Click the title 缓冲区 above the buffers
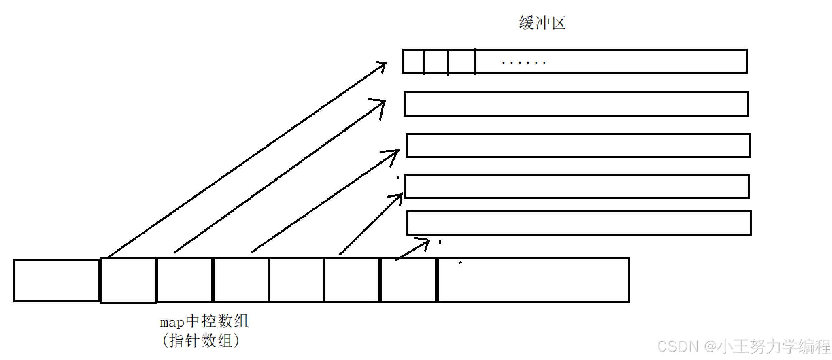tap(542, 23)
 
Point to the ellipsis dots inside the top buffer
tap(523, 63)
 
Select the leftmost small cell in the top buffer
tap(413, 61)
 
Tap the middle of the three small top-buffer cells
tap(436, 61)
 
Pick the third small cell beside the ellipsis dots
tap(462, 61)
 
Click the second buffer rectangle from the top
tap(576, 104)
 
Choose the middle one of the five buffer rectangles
tap(578, 145)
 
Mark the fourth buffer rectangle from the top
tap(577, 186)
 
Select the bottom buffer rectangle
tap(579, 223)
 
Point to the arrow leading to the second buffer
tap(279, 177)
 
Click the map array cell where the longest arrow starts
tap(128, 280)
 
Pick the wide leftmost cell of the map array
tap(56, 280)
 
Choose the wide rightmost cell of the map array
tap(533, 280)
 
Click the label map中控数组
tap(204, 321)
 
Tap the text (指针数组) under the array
tap(201, 341)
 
